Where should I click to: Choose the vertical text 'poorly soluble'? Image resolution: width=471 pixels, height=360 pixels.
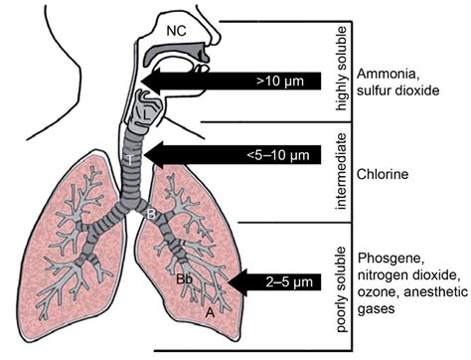coord(341,275)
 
